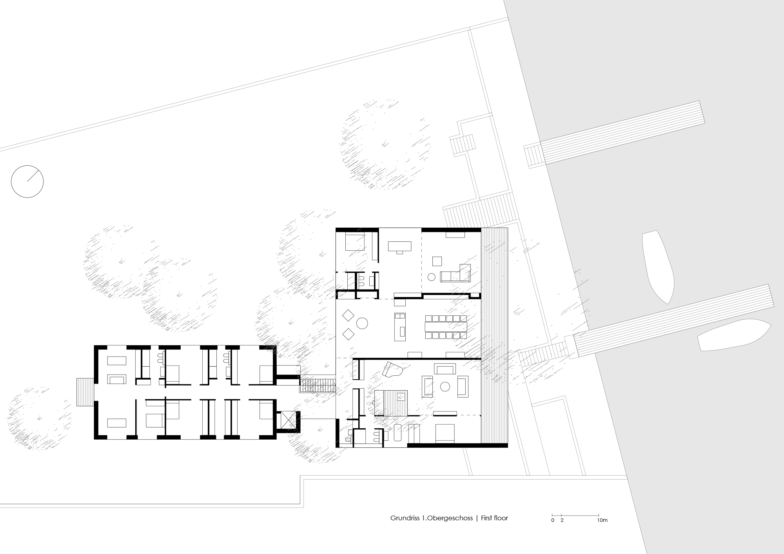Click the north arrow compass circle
click(x=27, y=181)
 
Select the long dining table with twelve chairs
click(x=446, y=326)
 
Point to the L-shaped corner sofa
click(x=457, y=274)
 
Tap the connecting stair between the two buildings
click(x=318, y=385)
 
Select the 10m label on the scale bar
click(x=602, y=520)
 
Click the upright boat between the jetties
click(x=659, y=266)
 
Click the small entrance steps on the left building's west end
click(x=84, y=392)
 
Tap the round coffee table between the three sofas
click(x=445, y=387)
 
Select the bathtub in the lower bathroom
click(x=398, y=434)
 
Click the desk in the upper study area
click(x=400, y=246)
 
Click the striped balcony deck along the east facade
click(x=494, y=337)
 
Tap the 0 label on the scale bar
click(x=552, y=520)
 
